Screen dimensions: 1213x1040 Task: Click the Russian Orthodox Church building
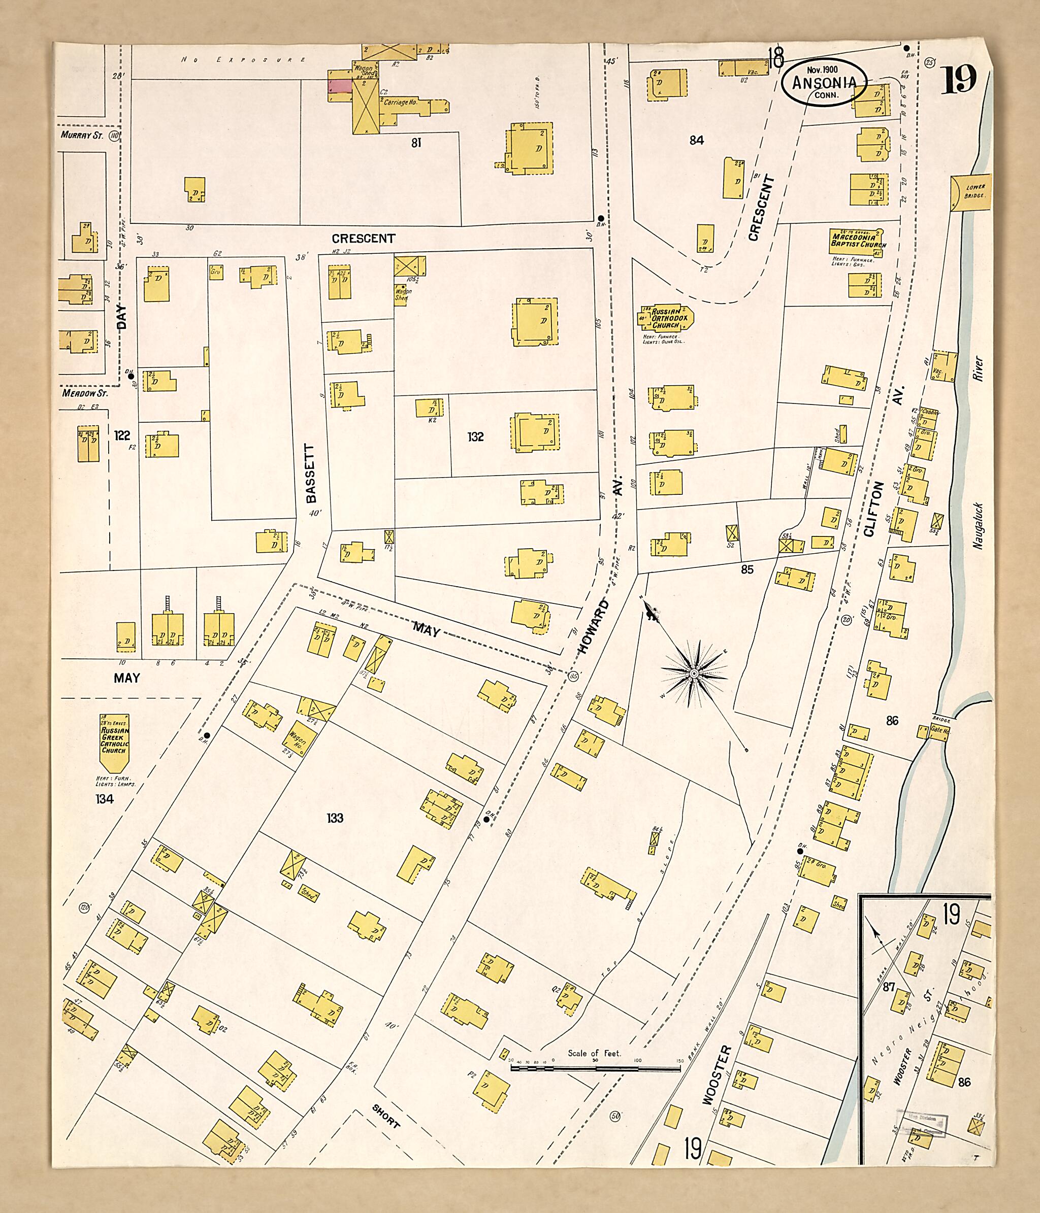pyautogui.click(x=666, y=318)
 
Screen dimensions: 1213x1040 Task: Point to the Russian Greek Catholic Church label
pyautogui.click(x=114, y=741)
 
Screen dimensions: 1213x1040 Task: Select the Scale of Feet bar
pyautogui.click(x=595, y=1067)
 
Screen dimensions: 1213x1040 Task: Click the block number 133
pyautogui.click(x=335, y=818)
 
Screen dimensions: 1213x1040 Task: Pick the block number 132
pyautogui.click(x=475, y=436)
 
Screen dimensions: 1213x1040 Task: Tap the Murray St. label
pyautogui.click(x=82, y=135)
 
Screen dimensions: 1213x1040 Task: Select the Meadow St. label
pyautogui.click(x=85, y=394)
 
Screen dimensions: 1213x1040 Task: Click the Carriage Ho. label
pyautogui.click(x=401, y=102)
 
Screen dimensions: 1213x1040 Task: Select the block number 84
pyautogui.click(x=696, y=141)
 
